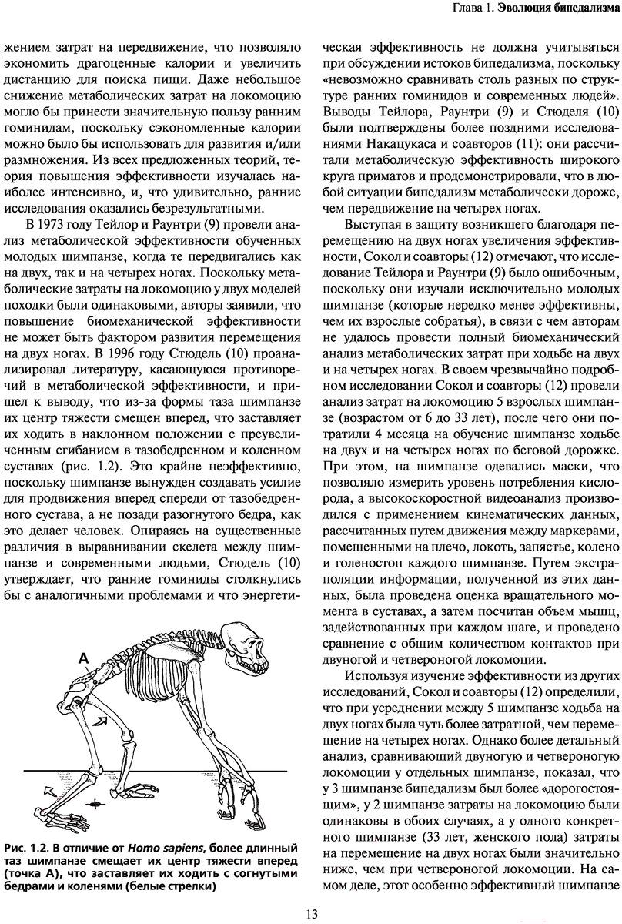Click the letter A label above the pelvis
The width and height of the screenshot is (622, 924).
82,637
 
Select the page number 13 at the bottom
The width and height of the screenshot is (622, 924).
311,914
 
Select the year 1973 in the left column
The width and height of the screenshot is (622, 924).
63,225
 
